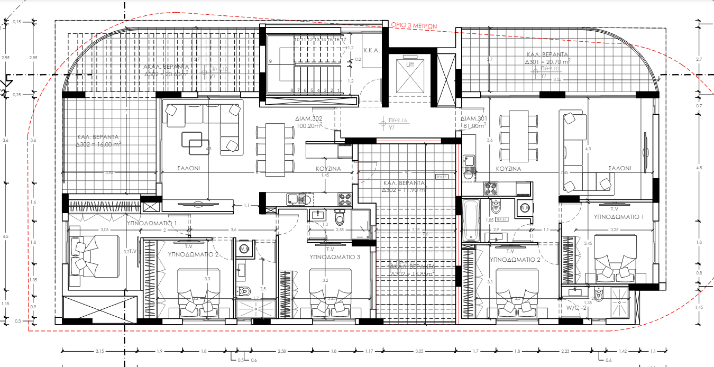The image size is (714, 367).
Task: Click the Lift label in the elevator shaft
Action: click(409, 64)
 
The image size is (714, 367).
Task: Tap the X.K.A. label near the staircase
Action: click(370, 51)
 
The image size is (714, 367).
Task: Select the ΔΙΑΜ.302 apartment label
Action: click(310, 119)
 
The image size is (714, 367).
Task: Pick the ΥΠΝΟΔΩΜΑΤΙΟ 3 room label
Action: click(335, 257)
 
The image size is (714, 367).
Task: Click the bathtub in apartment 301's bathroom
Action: click(470, 221)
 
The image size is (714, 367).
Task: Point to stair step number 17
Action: click(344, 40)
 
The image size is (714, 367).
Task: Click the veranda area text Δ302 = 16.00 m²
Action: click(98, 144)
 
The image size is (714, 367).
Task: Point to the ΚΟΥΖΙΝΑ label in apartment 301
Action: click(508, 169)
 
